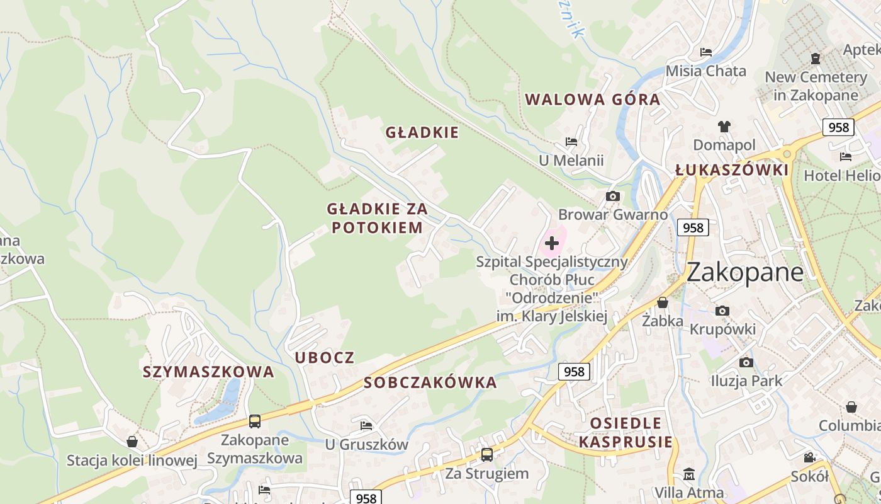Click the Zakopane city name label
[744, 272]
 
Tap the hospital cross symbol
[552, 243]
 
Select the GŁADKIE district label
[422, 132]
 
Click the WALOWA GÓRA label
[592, 100]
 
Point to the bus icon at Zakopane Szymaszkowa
[254, 421]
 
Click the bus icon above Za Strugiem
[486, 454]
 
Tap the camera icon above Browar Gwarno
[612, 196]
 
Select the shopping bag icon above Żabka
[662, 302]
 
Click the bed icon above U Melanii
[571, 142]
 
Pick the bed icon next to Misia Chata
[706, 52]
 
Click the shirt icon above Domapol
[724, 127]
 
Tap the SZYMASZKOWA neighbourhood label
[208, 372]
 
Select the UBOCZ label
[325, 358]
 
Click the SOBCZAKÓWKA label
[430, 383]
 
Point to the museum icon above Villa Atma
[689, 473]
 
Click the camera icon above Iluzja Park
[746, 362]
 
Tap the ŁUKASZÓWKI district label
[731, 170]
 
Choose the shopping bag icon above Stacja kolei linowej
[132, 442]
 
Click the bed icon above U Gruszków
[366, 425]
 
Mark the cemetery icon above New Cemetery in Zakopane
[816, 59]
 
